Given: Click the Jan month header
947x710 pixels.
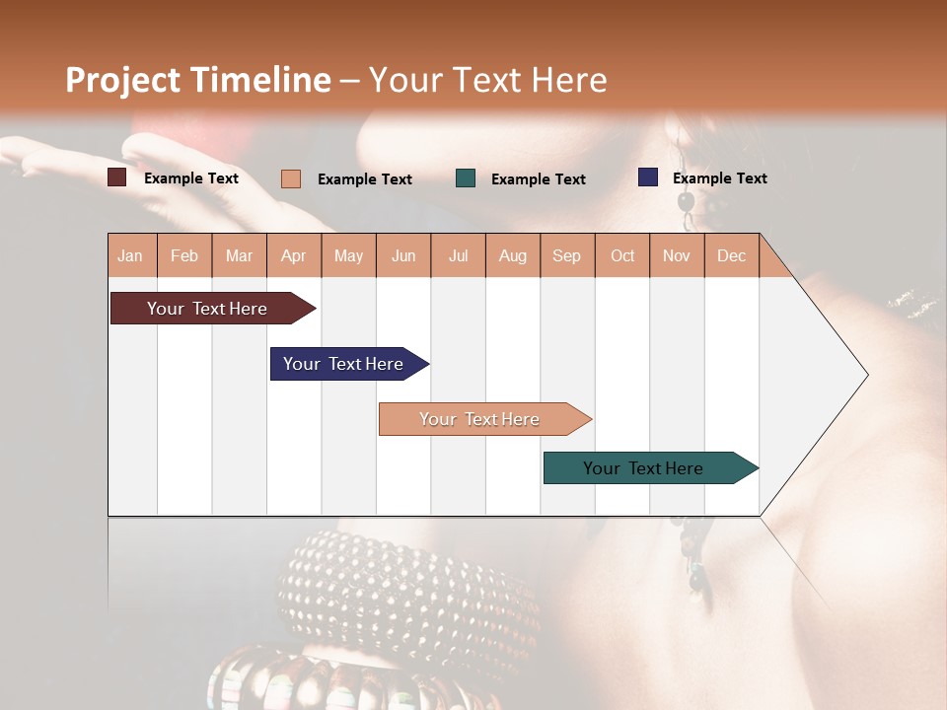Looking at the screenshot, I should pos(131,255).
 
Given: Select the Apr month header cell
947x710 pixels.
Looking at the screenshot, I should pos(294,255).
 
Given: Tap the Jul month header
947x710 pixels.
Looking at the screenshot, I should pos(458,255).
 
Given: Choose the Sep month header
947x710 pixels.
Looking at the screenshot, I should pos(567,255).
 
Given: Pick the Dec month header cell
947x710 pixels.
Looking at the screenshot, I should pos(731,255).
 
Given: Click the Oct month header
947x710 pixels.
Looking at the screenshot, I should pos(622,255).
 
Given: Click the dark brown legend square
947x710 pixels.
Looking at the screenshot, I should pos(117,177).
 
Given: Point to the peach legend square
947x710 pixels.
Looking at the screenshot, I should pos(291,178).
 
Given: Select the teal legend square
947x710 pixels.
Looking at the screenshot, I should pos(466,178).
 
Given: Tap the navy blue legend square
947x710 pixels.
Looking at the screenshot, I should pos(648,177).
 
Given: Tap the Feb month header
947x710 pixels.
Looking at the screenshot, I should pos(184,255).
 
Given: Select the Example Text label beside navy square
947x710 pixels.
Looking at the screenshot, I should pos(719,177).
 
